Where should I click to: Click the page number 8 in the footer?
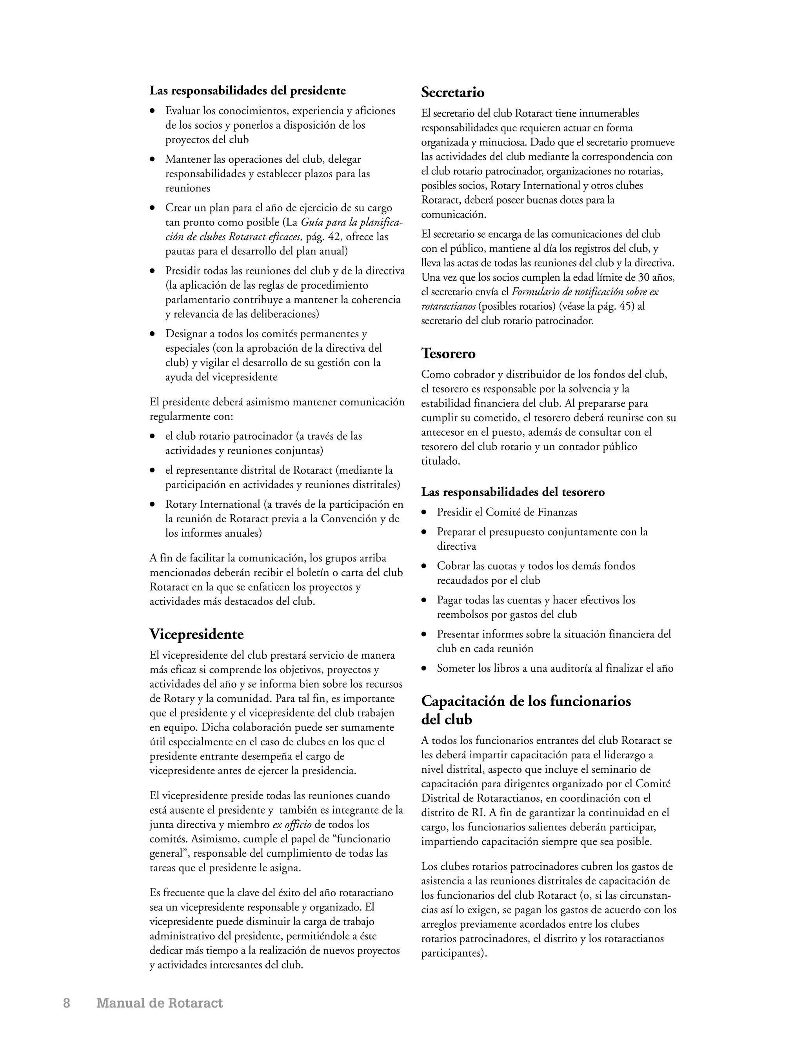click(67, 1003)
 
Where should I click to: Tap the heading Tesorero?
click(448, 354)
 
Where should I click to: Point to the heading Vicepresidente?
click(196, 634)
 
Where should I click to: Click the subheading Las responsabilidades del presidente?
click(247, 91)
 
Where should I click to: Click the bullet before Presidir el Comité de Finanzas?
click(424, 513)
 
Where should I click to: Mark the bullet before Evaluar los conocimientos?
click(153, 111)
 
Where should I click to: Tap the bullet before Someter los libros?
click(424, 669)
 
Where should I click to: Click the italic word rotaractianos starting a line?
click(448, 306)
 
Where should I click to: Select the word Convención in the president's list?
click(352, 519)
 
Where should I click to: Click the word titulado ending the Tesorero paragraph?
click(440, 461)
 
